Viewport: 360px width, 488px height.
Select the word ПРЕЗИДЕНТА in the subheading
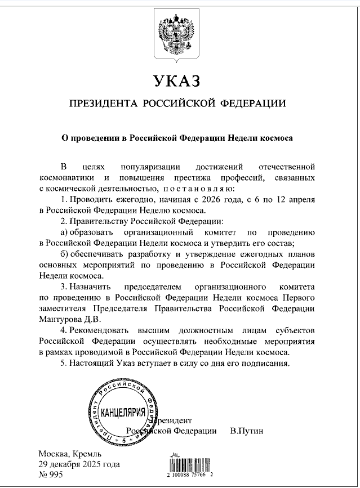(x=101, y=104)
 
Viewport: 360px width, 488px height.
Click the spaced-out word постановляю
(x=193, y=189)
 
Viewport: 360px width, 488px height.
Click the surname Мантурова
(x=64, y=319)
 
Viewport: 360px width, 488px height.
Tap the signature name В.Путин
(x=247, y=431)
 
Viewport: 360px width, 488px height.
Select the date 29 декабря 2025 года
(x=79, y=464)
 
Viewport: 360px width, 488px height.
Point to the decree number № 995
(x=52, y=475)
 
